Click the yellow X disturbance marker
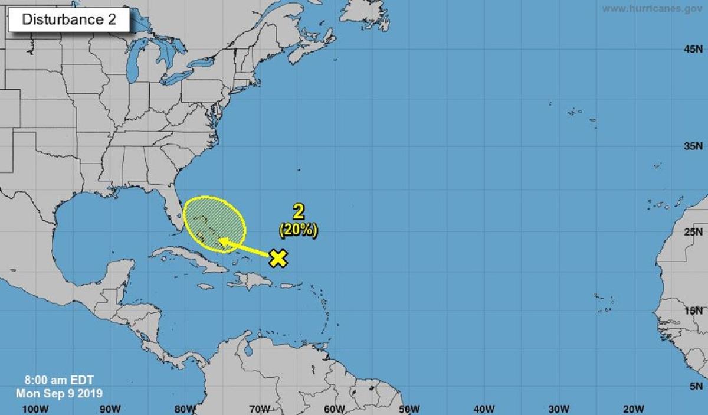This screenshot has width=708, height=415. (278, 257)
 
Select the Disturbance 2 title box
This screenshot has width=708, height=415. (68, 19)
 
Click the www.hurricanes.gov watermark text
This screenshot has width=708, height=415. (653, 9)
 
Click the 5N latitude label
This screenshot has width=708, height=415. (696, 385)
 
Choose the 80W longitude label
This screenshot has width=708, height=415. (184, 409)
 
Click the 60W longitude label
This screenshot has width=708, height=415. (334, 409)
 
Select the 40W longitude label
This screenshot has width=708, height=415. (484, 409)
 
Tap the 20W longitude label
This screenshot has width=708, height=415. (633, 409)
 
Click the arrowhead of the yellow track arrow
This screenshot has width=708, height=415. (223, 241)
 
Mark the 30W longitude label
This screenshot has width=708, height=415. (558, 409)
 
